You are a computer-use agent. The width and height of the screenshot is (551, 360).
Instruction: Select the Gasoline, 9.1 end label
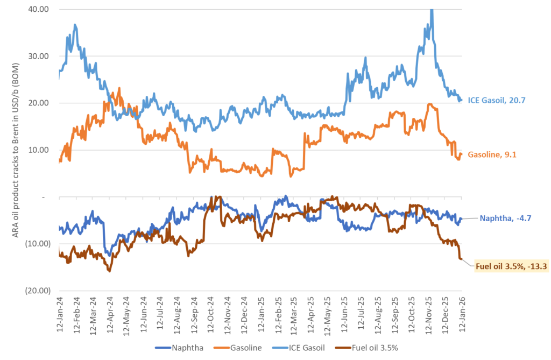pyautogui.click(x=491, y=155)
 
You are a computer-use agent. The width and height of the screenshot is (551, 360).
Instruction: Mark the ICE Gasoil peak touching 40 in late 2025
pyautogui.click(x=432, y=11)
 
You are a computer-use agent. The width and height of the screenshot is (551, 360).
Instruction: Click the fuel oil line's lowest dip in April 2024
pyautogui.click(x=109, y=271)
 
